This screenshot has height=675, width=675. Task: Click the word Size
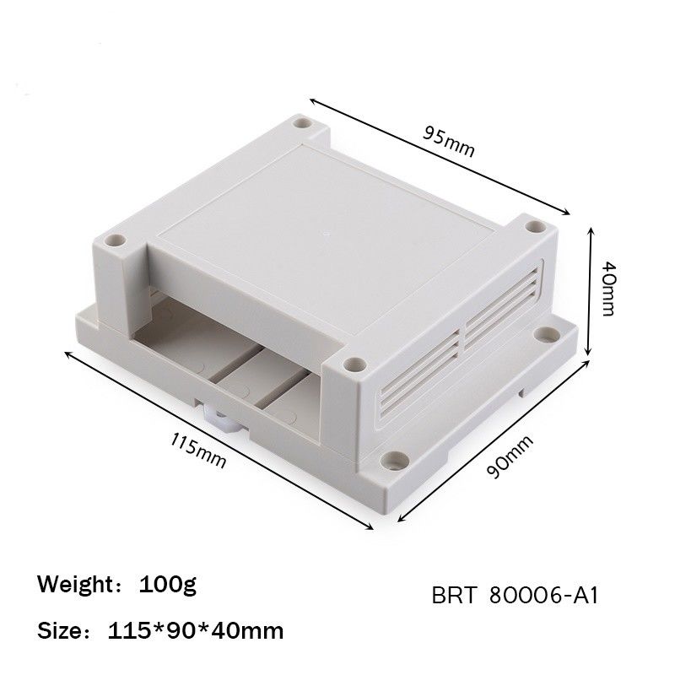tap(64, 629)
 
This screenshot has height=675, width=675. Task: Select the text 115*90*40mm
tap(196, 629)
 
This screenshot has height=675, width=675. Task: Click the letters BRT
tap(455, 597)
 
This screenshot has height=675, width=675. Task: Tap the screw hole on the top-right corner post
tap(533, 226)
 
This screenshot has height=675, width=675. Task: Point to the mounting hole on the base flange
tap(394, 461)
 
